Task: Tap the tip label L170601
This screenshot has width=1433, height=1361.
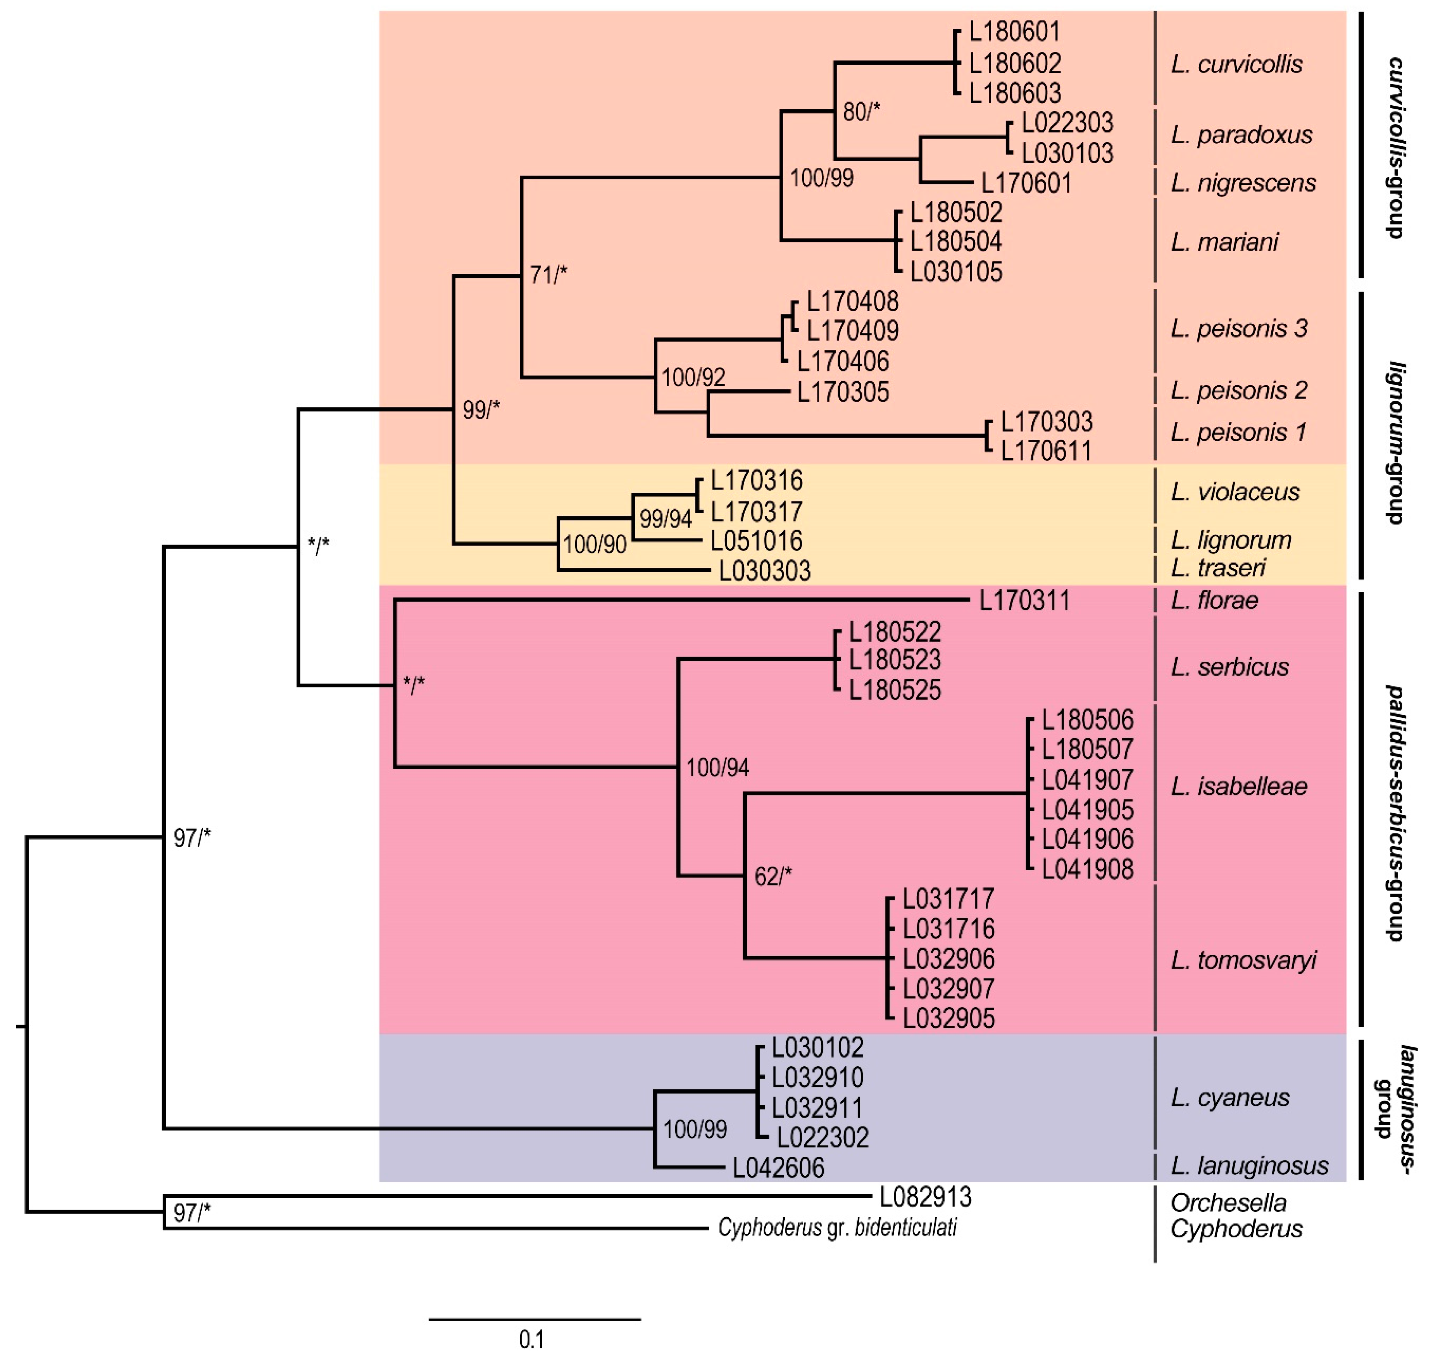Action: [1026, 183]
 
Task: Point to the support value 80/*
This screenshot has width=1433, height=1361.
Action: [861, 112]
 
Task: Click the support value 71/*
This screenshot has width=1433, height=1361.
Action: [548, 275]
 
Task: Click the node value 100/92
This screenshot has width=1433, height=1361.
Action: [693, 377]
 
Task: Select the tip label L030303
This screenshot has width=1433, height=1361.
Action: [764, 571]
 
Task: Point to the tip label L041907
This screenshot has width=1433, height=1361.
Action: [1087, 780]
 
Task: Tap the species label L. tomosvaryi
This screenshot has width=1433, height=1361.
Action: [1243, 961]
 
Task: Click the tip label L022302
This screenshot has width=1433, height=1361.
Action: [822, 1137]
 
